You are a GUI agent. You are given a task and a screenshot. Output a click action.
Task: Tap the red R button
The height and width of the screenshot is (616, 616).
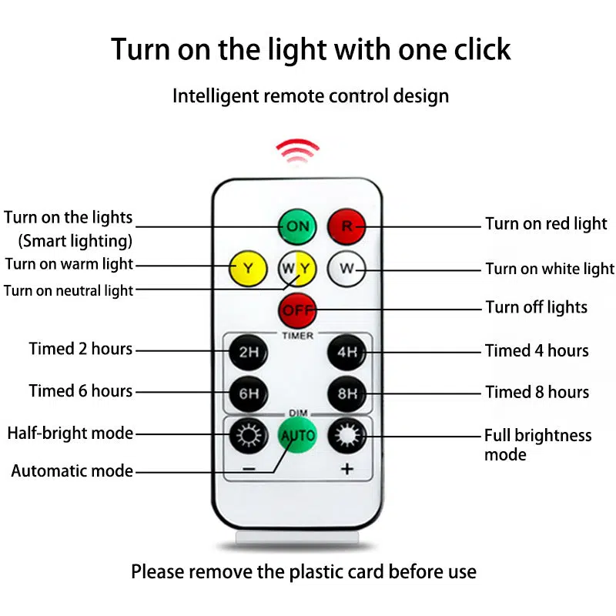point(346,226)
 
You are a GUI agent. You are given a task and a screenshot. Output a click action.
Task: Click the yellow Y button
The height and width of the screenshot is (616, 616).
point(248,268)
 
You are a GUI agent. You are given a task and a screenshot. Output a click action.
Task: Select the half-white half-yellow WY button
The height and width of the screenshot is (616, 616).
point(297,269)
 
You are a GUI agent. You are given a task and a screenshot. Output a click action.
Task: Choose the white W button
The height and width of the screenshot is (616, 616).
point(346,269)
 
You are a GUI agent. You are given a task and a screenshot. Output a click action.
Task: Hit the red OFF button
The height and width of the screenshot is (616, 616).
point(297,310)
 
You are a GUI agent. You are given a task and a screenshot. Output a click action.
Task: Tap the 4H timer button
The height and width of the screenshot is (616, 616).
point(347,353)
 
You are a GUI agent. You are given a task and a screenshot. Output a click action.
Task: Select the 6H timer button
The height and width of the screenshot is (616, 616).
point(248,393)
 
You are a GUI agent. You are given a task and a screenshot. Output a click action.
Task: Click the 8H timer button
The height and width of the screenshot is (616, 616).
point(347,393)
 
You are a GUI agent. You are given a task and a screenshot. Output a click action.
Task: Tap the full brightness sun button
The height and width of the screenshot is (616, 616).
point(347,436)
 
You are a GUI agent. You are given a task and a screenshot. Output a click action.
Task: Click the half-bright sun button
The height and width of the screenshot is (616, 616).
point(249,436)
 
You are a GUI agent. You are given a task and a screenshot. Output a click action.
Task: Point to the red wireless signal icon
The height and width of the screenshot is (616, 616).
point(297,150)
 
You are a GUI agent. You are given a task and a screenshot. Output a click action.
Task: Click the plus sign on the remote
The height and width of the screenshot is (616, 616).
point(347,469)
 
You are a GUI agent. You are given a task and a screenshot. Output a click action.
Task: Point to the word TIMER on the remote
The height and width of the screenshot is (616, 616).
point(297,336)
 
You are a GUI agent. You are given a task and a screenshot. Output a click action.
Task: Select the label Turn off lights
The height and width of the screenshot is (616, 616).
point(536,307)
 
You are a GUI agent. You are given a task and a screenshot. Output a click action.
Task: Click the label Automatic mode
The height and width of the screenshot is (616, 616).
point(72,470)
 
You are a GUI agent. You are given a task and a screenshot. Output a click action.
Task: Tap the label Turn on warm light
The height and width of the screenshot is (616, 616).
point(69,264)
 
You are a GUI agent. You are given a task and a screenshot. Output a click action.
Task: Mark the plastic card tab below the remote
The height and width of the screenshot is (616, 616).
point(297,537)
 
